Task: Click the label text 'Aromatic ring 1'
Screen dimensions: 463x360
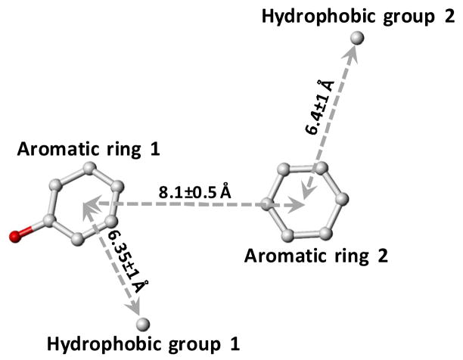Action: pos(88,149)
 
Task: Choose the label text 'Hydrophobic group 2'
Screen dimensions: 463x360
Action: pos(357,15)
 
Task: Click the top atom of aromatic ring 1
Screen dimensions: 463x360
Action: pos(89,168)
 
